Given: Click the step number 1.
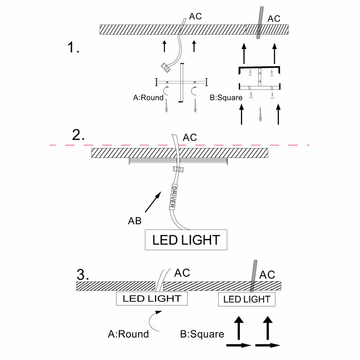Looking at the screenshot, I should [73, 48].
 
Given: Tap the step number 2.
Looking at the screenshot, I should [79, 135].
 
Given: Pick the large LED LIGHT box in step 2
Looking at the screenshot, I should [186, 240].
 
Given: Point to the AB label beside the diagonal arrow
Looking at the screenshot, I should [135, 221].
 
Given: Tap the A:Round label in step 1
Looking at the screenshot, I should [148, 98].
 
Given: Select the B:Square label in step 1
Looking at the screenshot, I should [226, 98].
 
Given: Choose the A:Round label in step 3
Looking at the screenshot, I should [128, 334].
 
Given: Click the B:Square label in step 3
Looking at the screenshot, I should [202, 334].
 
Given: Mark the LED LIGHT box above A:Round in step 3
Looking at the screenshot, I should [152, 298].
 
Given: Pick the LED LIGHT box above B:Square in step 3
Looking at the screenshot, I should [247, 299].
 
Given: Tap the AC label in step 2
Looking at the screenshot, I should [190, 137].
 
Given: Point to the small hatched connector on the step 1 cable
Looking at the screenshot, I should [166, 67].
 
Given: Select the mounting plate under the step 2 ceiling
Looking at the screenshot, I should [180, 160].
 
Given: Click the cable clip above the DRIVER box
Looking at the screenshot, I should [178, 170].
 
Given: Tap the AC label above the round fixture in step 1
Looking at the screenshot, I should [195, 17].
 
